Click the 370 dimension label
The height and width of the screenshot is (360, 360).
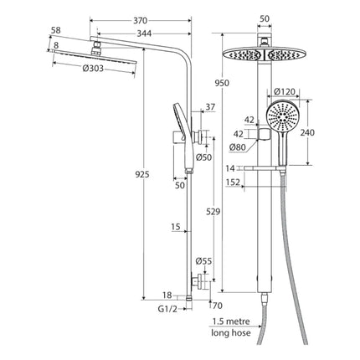click(140, 21)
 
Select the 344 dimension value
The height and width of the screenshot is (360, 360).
click(144, 33)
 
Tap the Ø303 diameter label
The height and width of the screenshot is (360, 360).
click(93, 68)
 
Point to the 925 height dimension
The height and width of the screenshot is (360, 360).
click(142, 175)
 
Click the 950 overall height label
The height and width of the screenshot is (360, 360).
click(222, 83)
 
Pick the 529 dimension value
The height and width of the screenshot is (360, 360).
click(213, 212)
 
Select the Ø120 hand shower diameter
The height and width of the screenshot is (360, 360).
click(284, 91)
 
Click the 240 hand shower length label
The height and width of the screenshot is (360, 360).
click(307, 132)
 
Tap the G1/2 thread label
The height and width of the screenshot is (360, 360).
click(167, 309)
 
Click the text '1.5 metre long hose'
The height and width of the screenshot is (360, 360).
click(231, 327)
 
